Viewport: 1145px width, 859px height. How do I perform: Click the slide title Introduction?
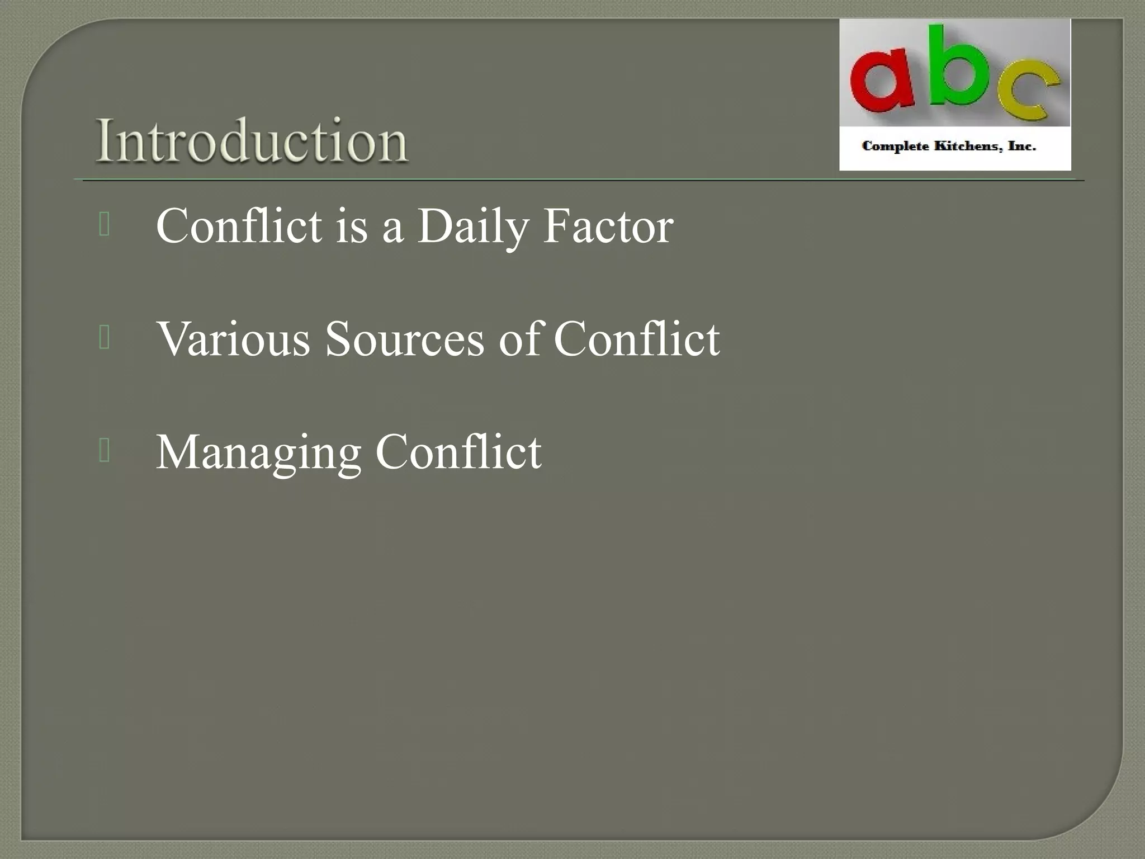click(252, 141)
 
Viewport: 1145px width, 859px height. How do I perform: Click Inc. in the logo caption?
click(1021, 147)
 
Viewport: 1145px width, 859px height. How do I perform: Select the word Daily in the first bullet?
click(473, 227)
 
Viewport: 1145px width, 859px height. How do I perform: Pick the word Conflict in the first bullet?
click(239, 226)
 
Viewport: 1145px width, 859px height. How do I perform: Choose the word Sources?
click(404, 339)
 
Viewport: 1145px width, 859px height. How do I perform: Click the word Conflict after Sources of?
click(637, 339)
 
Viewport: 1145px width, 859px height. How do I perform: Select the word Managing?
click(258, 453)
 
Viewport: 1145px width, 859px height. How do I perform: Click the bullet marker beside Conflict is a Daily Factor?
click(104, 225)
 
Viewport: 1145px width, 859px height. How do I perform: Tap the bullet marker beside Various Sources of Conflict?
click(104, 338)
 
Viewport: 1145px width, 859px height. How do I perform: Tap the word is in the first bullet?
click(352, 226)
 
